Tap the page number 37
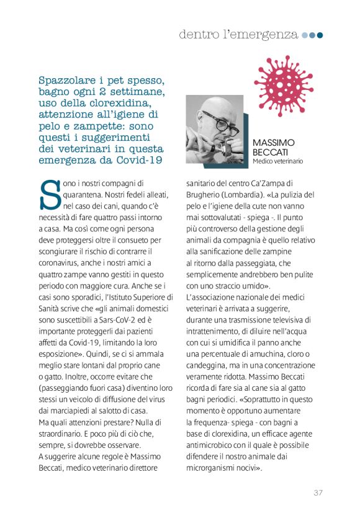pyautogui.click(x=318, y=492)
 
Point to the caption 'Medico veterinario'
pyautogui.click(x=277, y=161)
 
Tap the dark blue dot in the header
pyautogui.click(x=320, y=35)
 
